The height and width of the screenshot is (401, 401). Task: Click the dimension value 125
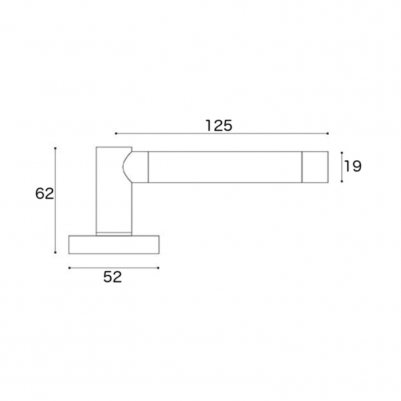pyautogui.click(x=219, y=126)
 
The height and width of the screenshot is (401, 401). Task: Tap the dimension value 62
pyautogui.click(x=45, y=193)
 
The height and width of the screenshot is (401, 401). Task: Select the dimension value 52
pyautogui.click(x=112, y=277)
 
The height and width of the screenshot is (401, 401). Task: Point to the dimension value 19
pyautogui.click(x=352, y=166)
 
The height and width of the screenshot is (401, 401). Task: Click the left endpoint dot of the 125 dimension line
pyautogui.click(x=116, y=133)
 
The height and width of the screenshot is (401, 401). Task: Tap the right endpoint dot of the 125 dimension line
pyautogui.click(x=328, y=133)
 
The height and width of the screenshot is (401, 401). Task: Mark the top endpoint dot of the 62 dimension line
pyautogui.click(x=55, y=148)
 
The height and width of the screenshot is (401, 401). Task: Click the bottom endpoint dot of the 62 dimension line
pyautogui.click(x=55, y=252)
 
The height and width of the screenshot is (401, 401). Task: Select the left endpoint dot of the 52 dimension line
pyautogui.click(x=69, y=268)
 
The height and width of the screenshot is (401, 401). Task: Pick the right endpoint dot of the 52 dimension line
pyautogui.click(x=158, y=268)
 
